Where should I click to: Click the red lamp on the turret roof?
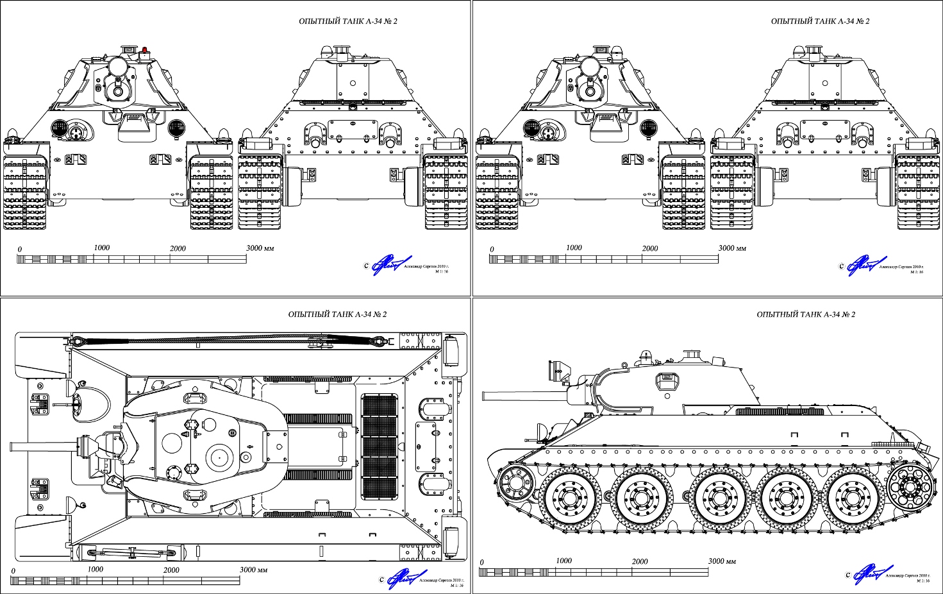point(146,50)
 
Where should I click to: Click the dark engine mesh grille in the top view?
point(380,446)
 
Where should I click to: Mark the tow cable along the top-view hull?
point(231,340)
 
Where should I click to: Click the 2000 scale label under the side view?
point(639,561)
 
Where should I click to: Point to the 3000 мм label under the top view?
point(253,570)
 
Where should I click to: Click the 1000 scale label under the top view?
point(95,569)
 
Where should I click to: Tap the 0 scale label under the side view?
point(481,563)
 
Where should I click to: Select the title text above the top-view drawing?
point(337,314)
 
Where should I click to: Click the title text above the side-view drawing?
point(806,314)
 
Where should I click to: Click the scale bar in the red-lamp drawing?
point(131,259)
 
